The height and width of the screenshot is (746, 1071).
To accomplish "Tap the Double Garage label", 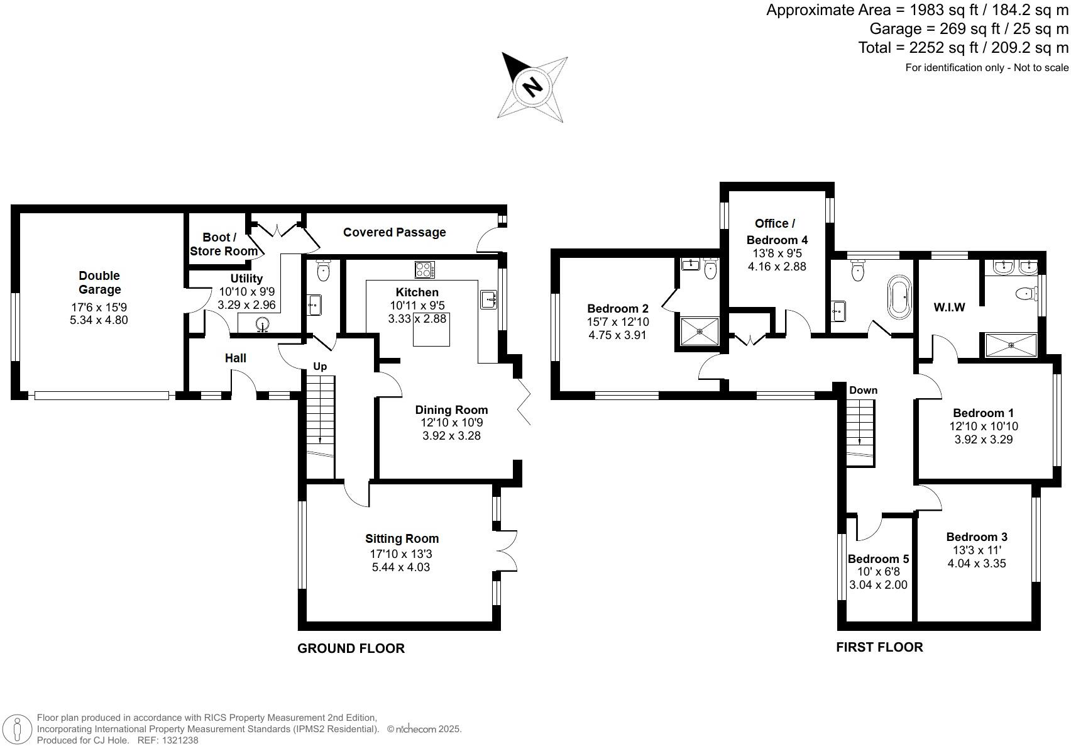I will click(99, 282).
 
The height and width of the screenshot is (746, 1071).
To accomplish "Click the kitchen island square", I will click(431, 329).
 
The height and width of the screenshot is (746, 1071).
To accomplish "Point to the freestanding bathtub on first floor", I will click(898, 296).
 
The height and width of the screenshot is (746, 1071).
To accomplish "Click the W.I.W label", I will click(949, 308).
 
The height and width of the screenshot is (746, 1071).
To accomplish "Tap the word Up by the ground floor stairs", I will click(320, 367).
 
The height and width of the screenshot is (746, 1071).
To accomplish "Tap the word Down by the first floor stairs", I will click(863, 390).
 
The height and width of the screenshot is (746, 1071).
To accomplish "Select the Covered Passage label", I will click(394, 232).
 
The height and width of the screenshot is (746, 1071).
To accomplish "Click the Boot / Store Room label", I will click(221, 244).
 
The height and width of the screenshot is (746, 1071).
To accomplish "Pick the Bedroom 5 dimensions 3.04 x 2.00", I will click(878, 584).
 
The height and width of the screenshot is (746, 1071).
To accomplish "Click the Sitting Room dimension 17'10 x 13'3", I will click(402, 554).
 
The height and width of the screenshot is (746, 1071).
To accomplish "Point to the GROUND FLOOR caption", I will click(351, 649).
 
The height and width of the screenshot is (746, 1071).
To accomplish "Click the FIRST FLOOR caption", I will click(879, 647).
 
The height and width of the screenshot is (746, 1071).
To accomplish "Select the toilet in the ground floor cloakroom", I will click(323, 271).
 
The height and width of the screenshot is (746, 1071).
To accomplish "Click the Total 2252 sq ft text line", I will click(963, 48).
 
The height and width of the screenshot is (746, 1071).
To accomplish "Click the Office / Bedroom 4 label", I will click(776, 231).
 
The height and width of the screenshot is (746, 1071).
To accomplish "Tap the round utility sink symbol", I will click(262, 324).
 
